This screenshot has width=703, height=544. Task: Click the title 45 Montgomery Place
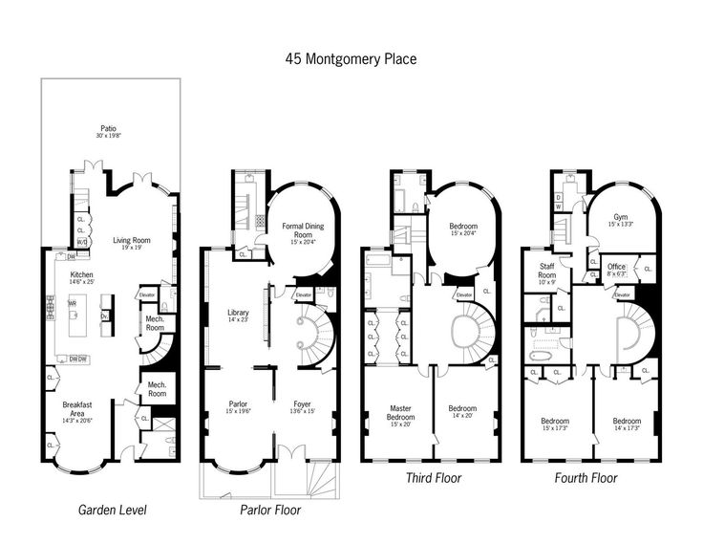pyautogui.click(x=351, y=57)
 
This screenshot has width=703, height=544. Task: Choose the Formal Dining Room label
pyautogui.click(x=303, y=229)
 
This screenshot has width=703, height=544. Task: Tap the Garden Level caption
pyautogui.click(x=112, y=510)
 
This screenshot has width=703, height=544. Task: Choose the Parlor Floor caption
pyautogui.click(x=269, y=510)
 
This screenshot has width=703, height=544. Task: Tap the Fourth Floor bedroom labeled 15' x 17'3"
pyautogui.click(x=555, y=424)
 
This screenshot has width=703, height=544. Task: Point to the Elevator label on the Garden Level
pyautogui.click(x=148, y=294)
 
